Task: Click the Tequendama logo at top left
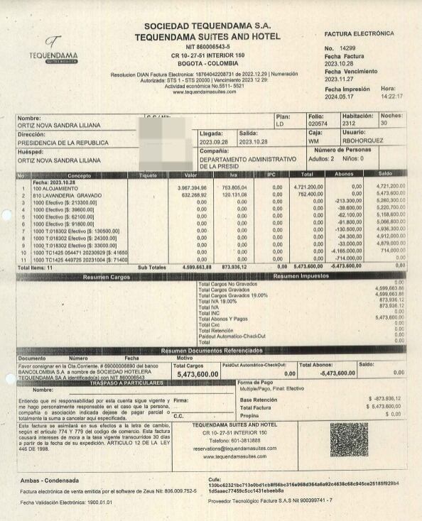[x=53, y=50]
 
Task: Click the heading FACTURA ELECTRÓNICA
[x=359, y=33]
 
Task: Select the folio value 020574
[x=317, y=124]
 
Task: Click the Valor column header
[x=190, y=175]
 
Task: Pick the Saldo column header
[x=385, y=175]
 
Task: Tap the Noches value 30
[x=384, y=124]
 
